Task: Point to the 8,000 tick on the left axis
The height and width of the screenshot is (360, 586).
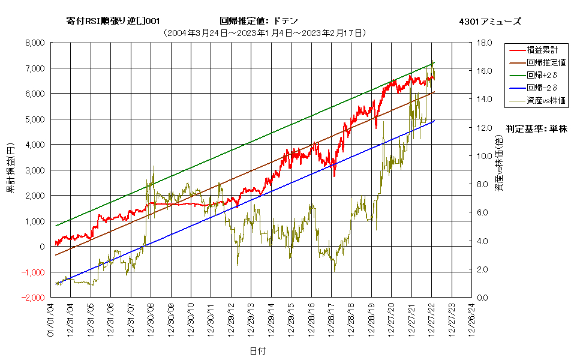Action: pyautogui.click(x=35, y=43)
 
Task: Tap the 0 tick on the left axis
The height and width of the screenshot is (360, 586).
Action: pyautogui.click(x=42, y=247)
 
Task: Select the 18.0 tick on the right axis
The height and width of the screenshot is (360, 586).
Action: pyautogui.click(x=485, y=43)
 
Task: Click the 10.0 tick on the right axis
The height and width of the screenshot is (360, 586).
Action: pyautogui.click(x=485, y=156)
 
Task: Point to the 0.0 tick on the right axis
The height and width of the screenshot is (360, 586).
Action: pyautogui.click(x=482, y=298)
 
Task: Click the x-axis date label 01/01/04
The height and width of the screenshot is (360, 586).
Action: pyautogui.click(x=51, y=320)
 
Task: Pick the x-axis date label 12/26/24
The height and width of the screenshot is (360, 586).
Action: pyautogui.click(x=471, y=320)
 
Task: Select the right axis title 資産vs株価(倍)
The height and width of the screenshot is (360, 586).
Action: pyautogui.click(x=499, y=163)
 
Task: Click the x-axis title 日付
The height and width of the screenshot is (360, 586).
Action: pyautogui.click(x=258, y=351)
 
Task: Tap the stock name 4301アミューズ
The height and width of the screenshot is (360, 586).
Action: pyautogui.click(x=490, y=22)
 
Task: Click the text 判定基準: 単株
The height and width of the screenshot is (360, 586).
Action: pyautogui.click(x=537, y=129)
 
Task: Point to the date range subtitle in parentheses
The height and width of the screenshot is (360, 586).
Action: pyautogui.click(x=265, y=33)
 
